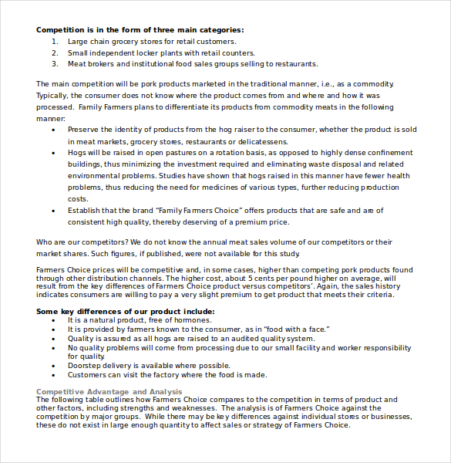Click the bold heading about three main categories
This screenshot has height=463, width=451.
point(140,30)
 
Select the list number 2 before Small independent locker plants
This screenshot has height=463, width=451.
point(55,52)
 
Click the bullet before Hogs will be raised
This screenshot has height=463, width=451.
point(53,153)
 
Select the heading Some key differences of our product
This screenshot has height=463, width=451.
point(125,312)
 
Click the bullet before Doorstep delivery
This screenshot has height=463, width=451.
point(53,366)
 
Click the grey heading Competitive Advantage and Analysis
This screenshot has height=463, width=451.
point(109,392)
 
